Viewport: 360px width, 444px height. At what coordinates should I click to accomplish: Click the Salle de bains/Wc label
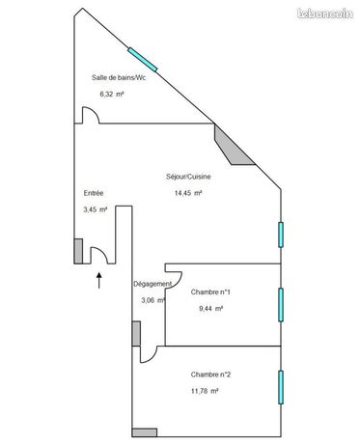[119, 77]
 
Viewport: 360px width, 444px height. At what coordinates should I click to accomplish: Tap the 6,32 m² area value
[112, 95]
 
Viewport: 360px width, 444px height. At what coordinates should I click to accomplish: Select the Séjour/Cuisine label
[188, 177]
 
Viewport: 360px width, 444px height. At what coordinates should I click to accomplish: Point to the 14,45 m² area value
[188, 193]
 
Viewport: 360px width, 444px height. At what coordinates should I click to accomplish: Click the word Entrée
[94, 193]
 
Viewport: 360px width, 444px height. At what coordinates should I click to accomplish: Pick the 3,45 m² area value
[96, 209]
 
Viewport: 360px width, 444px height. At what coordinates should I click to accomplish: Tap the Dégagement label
[152, 284]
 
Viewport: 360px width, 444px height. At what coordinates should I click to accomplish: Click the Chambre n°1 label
[210, 291]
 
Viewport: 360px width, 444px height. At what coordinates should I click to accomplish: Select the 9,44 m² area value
[211, 308]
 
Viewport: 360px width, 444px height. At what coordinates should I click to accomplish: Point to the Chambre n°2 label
[210, 375]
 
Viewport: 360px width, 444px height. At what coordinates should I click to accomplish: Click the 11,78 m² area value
[205, 391]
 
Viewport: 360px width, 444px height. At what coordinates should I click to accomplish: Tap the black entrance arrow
[99, 281]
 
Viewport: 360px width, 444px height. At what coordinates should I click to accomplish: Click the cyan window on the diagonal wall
[143, 60]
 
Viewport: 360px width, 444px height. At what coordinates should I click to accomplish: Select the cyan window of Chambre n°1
[281, 304]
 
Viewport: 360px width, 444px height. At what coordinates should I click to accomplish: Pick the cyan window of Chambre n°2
[281, 387]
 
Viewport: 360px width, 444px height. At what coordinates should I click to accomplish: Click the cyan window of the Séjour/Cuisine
[281, 235]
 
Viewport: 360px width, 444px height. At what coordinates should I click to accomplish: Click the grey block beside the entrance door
[78, 251]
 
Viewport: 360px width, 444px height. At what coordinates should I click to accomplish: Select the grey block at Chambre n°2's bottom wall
[145, 432]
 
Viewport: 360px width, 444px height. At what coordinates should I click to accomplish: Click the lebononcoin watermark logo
[325, 14]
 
